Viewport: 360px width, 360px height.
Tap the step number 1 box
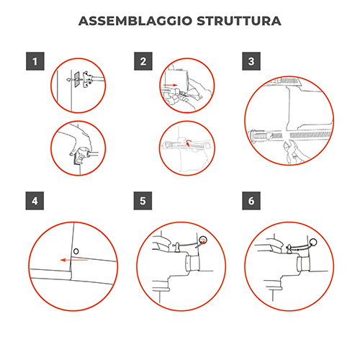[x=34, y=61]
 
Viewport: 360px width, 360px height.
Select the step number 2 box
[x=143, y=61]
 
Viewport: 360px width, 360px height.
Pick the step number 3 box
[x=250, y=61]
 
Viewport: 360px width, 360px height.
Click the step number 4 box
[x=34, y=201]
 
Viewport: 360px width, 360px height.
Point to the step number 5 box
[x=143, y=201]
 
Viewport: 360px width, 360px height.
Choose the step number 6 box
[x=250, y=201]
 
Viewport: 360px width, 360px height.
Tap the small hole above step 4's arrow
[x=76, y=251]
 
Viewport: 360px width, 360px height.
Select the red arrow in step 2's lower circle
[x=189, y=143]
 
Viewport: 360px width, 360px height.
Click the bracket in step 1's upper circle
[x=86, y=78]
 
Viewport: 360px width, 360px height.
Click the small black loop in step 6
[x=315, y=243]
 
